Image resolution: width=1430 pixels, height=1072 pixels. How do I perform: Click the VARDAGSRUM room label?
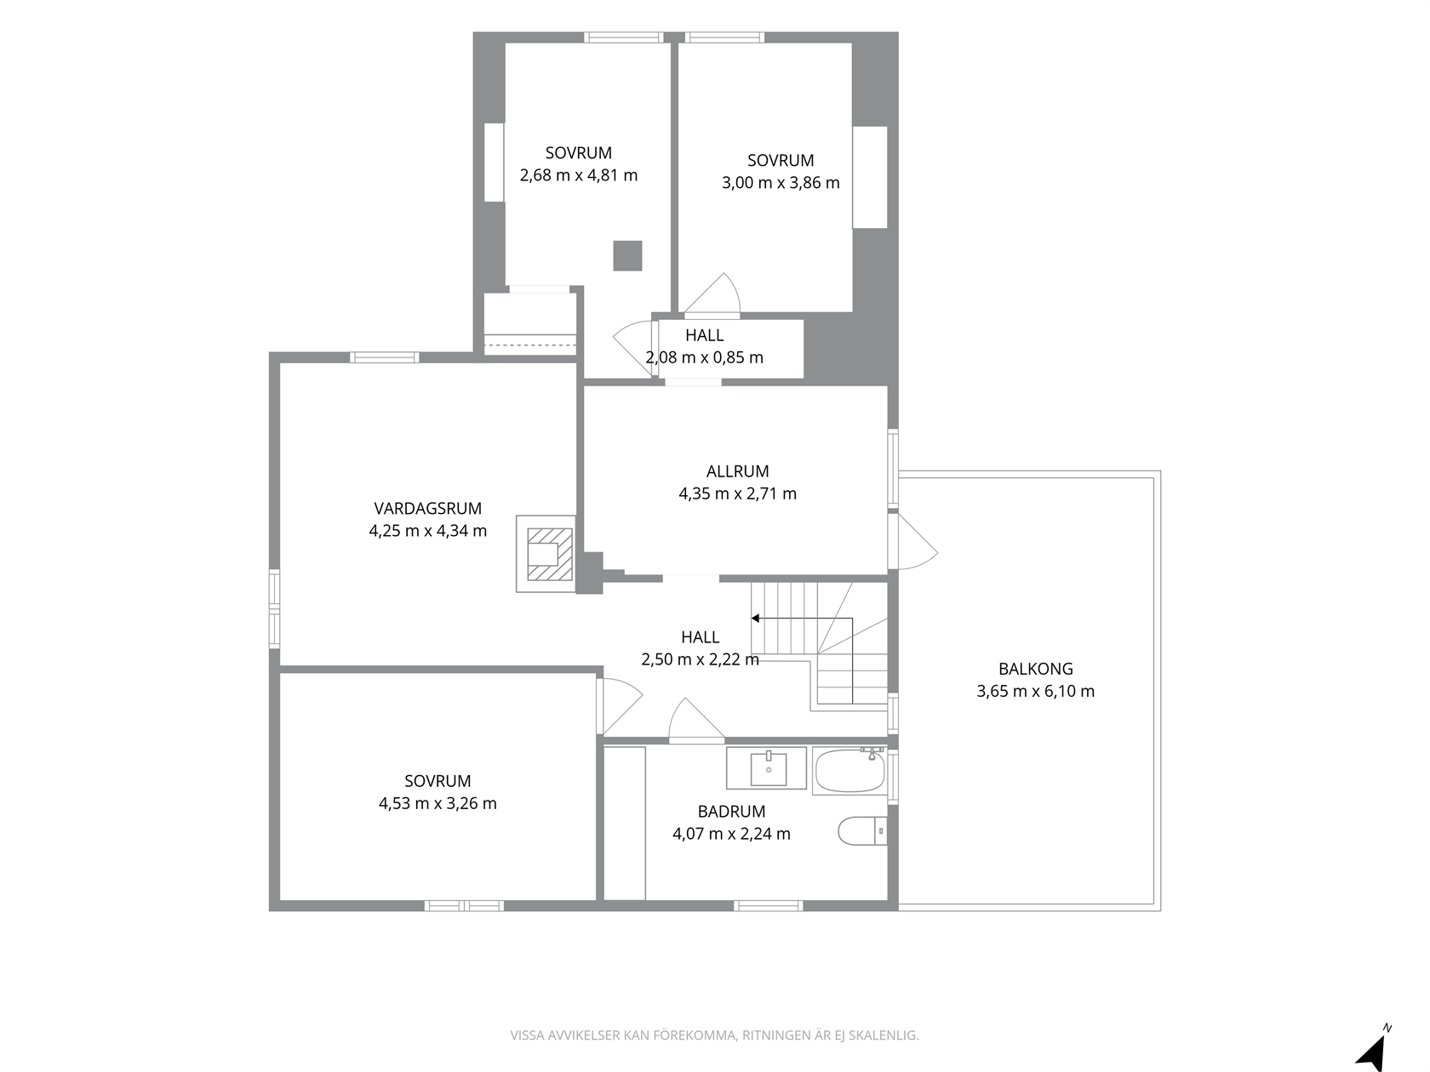pos(427,508)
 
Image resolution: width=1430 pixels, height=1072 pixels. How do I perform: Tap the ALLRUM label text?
pos(737,471)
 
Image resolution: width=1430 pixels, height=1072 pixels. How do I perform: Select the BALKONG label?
pos(1035,669)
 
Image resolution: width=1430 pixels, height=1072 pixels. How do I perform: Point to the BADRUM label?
pos(731,812)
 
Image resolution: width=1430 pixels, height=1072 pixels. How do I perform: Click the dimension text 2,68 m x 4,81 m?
pos(579,176)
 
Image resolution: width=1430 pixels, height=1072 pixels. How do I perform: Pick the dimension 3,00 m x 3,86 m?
pos(781,183)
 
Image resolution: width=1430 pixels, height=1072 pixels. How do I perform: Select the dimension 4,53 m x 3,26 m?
pos(438,803)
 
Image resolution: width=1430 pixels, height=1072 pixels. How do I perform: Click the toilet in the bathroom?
pos(862,830)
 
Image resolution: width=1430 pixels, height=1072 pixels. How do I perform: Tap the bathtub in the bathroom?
pos(849,772)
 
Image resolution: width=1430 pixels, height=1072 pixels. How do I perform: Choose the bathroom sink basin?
pos(769,769)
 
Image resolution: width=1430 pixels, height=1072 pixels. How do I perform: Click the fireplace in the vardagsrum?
pos(546,554)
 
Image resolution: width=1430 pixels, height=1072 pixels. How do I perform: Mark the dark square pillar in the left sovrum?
pos(627,256)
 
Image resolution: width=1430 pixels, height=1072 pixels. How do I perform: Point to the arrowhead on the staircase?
pos(755,619)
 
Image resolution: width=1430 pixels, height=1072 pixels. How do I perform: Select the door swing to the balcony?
pos(913,542)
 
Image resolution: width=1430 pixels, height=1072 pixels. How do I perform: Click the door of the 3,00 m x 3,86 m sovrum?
pos(712,294)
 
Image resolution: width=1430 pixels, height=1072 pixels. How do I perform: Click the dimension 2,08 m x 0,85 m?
pos(704,357)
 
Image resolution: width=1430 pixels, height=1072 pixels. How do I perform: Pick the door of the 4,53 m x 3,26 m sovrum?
pos(620,706)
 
